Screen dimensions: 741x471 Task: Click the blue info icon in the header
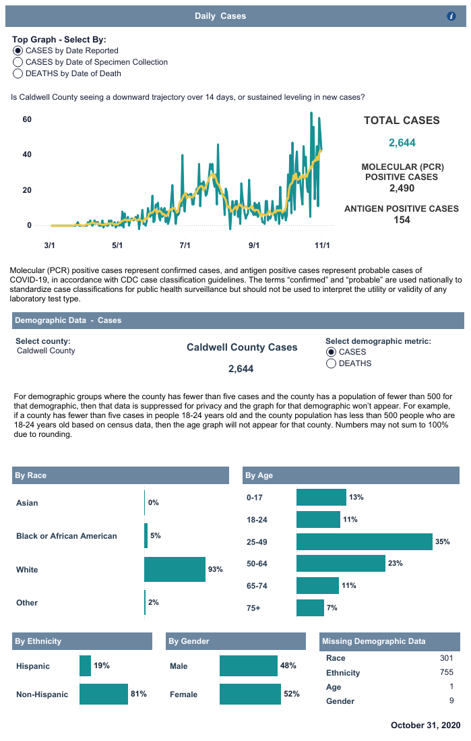tap(451, 16)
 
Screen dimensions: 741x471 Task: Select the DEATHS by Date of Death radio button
tap(18, 73)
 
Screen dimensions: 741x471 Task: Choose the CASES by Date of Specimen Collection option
tap(18, 62)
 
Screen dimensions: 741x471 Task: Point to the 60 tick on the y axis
tap(28, 119)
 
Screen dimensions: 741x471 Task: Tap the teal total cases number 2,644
tap(402, 142)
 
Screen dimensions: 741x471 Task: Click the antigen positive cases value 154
tap(402, 220)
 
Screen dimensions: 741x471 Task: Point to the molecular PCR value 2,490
tap(402, 188)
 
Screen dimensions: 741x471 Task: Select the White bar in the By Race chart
tap(175, 569)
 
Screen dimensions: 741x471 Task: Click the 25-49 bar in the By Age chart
tap(364, 542)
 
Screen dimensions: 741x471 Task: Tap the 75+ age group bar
tap(310, 607)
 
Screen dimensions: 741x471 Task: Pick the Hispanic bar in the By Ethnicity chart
tap(85, 665)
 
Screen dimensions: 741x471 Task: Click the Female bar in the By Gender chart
tap(250, 694)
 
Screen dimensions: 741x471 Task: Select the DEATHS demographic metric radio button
tap(332, 363)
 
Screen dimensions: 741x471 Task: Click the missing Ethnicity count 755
tap(446, 672)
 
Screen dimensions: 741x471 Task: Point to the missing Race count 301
tap(446, 658)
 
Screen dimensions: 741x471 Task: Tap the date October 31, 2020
tap(425, 725)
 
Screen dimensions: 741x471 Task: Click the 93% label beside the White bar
tap(216, 570)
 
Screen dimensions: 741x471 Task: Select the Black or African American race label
tap(67, 536)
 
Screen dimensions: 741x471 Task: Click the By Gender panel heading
tap(189, 641)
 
